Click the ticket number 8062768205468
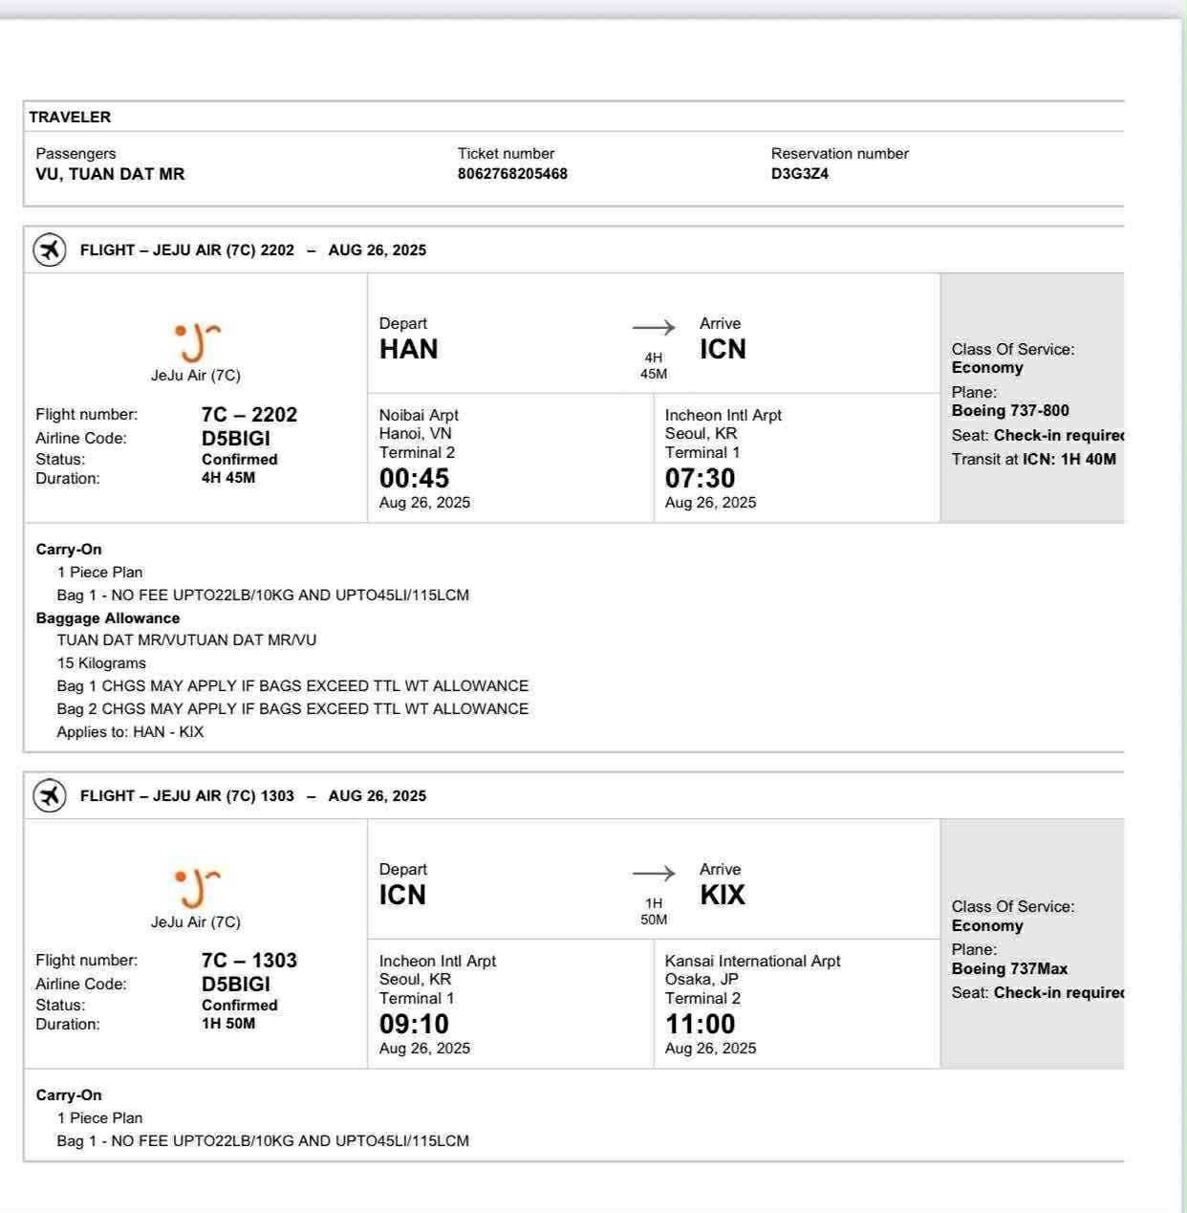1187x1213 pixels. [x=512, y=174]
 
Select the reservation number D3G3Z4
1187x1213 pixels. [x=799, y=174]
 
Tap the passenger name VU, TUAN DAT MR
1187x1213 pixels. [x=110, y=174]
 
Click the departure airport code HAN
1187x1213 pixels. [x=408, y=350]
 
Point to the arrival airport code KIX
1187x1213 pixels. [x=722, y=896]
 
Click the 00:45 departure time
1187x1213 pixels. [x=414, y=478]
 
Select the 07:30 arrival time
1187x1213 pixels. [x=700, y=478]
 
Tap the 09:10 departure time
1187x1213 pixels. [x=414, y=1024]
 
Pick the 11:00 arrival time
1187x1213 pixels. [x=700, y=1024]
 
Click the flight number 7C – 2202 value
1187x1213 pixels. [x=248, y=415]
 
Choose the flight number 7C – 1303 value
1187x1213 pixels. [x=248, y=961]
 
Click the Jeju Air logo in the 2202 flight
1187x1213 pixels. [x=196, y=342]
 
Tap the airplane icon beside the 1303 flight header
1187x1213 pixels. [x=50, y=795]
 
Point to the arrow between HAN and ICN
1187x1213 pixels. [x=654, y=328]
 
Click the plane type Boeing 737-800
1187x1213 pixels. [x=1010, y=411]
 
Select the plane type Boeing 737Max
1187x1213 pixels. [x=1009, y=968]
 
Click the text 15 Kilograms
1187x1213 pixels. [x=101, y=663]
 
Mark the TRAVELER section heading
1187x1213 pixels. [x=70, y=117]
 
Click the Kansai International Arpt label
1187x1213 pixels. [x=752, y=961]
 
